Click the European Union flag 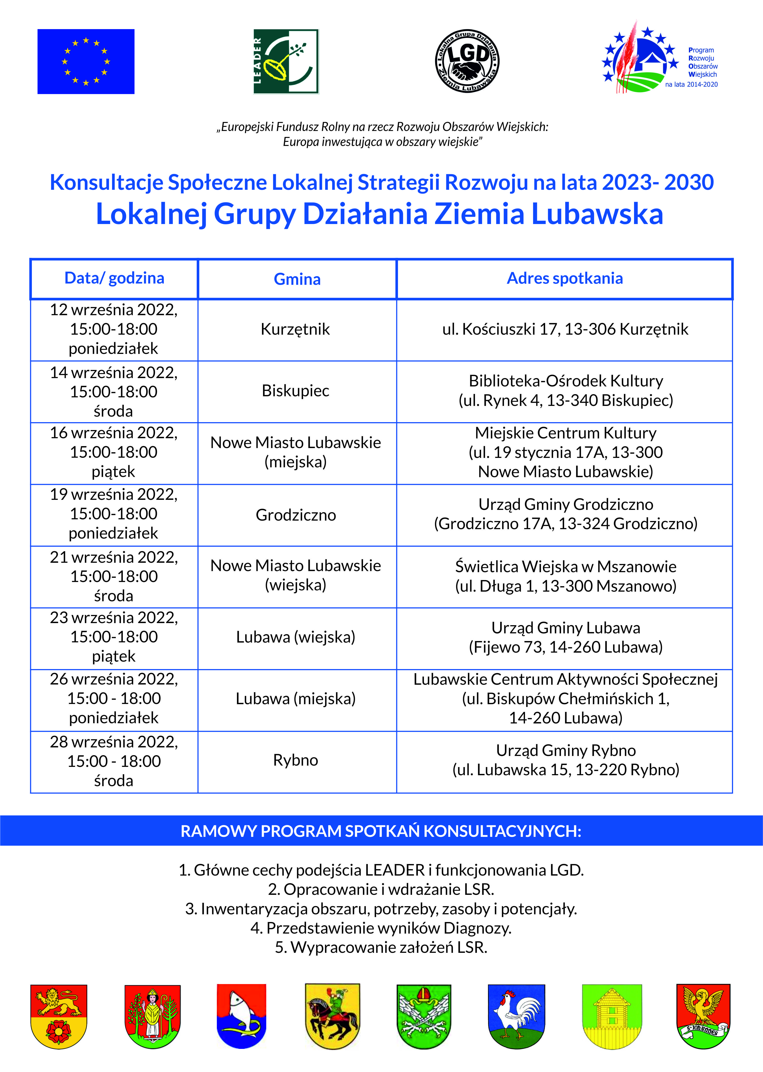click(x=86, y=62)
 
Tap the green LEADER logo click(x=286, y=62)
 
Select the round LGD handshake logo click(x=467, y=62)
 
